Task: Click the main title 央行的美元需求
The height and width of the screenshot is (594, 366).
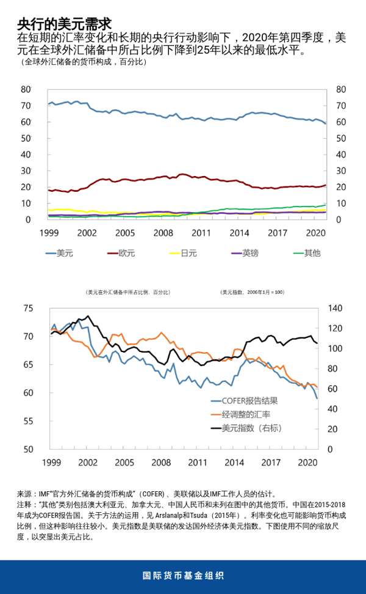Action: [64, 23]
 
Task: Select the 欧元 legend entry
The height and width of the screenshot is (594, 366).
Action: [125, 252]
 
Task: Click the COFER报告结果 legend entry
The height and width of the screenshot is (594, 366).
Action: [249, 401]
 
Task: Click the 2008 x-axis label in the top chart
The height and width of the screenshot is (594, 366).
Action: [163, 233]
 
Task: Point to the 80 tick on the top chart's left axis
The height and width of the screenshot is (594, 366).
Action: [26, 89]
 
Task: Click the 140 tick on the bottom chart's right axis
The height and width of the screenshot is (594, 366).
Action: [336, 308]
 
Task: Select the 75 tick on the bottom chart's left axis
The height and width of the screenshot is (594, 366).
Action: [29, 308]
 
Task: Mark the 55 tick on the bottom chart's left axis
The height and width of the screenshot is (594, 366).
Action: [29, 421]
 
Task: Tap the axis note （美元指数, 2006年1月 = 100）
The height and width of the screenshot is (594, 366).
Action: [252, 293]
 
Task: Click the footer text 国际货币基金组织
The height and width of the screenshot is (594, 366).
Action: [183, 576]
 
